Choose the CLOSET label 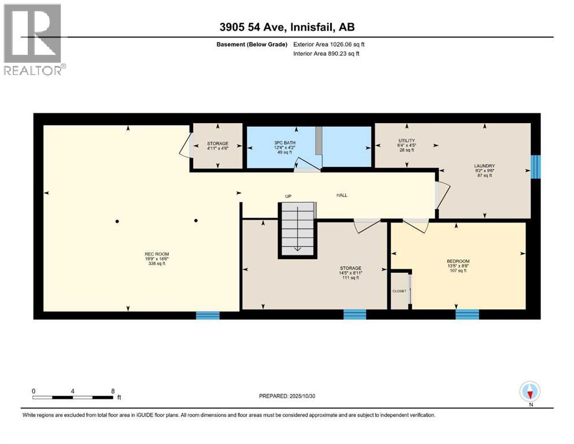point(399,291)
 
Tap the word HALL point(342,195)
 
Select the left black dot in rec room point(117,221)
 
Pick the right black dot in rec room point(196,220)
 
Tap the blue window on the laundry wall point(535,166)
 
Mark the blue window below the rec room point(208,315)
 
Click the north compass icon point(529,392)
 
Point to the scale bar point(73,397)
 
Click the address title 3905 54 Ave point(287,27)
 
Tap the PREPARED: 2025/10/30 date point(290,396)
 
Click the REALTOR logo point(34,40)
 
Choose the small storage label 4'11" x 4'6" point(217,147)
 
